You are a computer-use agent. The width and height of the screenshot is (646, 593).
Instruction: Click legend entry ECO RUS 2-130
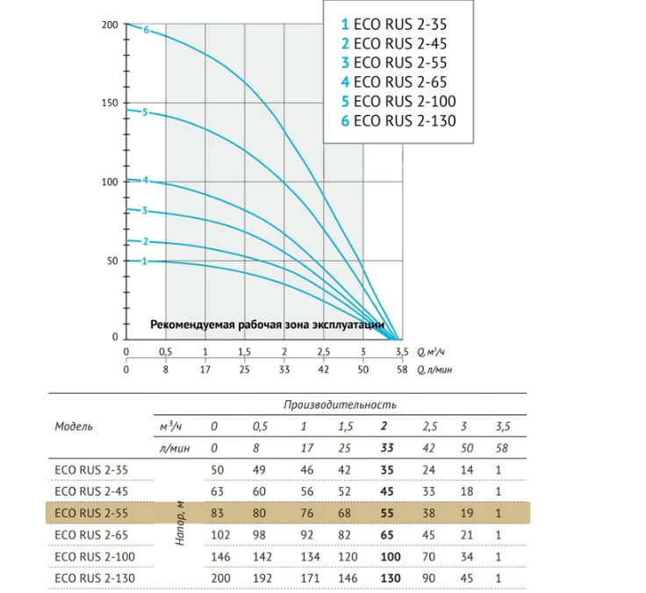(398, 121)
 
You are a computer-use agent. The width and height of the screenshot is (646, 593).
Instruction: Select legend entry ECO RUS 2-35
(394, 25)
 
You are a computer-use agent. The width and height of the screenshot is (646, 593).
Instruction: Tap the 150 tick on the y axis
(109, 103)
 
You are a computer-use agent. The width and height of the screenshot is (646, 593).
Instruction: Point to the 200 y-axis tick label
(110, 25)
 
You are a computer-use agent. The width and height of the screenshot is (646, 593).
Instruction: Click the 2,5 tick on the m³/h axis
(323, 352)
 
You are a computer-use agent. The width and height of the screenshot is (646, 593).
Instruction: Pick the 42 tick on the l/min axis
(323, 369)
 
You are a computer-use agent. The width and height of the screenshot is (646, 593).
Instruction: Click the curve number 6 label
(147, 30)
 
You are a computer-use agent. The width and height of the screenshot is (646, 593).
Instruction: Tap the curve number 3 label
(145, 211)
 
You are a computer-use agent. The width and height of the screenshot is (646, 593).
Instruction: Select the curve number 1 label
(144, 261)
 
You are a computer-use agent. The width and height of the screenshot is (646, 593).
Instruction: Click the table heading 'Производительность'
(340, 404)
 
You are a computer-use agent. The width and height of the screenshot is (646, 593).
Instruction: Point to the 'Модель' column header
(74, 426)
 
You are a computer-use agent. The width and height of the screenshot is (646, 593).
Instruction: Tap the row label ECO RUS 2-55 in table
(91, 513)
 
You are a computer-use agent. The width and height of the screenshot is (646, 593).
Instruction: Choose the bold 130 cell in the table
(391, 578)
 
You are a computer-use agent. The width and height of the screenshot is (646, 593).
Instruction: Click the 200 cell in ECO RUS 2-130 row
(220, 578)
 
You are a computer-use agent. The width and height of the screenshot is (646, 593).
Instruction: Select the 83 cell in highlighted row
(217, 513)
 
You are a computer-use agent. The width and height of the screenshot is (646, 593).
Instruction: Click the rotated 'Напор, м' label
(180, 524)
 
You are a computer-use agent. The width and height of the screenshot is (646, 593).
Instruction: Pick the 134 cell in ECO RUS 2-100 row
(310, 557)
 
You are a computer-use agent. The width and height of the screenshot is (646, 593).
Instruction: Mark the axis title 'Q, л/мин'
(434, 370)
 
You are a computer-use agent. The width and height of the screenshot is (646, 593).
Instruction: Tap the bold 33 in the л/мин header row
(387, 447)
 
